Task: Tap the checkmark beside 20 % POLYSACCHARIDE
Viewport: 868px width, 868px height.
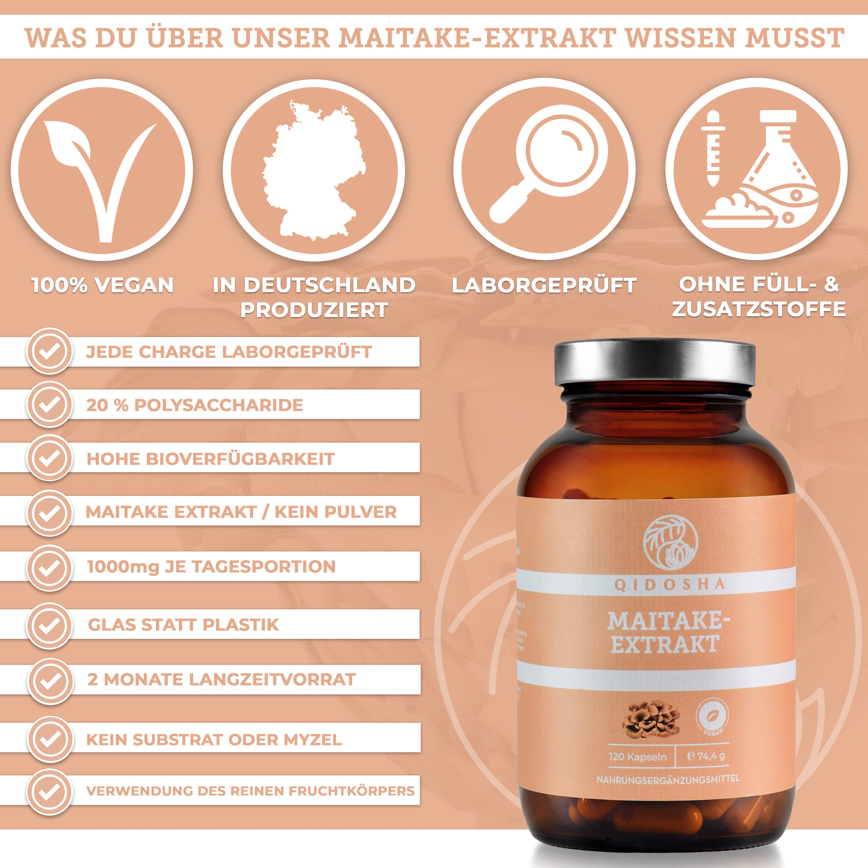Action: coord(50,405)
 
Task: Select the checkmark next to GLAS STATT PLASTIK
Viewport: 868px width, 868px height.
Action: coord(50,625)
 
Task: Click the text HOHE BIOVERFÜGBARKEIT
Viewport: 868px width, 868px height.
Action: coord(210,459)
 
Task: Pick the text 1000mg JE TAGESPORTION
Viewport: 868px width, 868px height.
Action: coord(211,567)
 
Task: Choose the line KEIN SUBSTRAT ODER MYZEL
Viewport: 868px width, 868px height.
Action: coord(214,740)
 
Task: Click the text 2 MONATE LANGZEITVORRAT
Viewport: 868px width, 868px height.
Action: coord(222,679)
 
